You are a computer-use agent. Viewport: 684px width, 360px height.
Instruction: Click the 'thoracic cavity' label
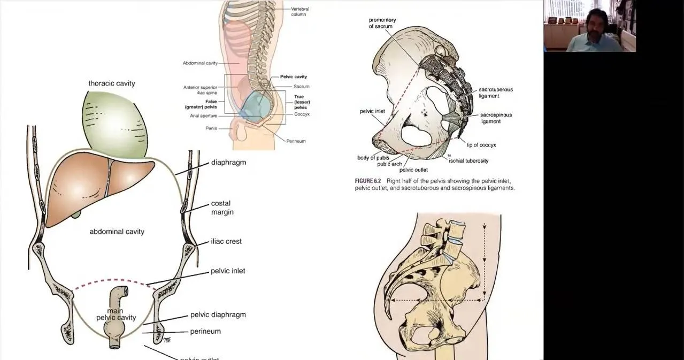click(x=112, y=83)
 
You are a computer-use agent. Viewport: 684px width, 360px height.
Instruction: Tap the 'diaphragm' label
click(x=228, y=162)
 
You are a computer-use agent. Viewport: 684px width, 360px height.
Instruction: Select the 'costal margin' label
click(x=222, y=208)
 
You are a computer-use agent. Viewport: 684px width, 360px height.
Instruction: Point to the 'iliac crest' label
click(x=226, y=241)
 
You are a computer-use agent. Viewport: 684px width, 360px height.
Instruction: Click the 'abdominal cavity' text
click(x=117, y=232)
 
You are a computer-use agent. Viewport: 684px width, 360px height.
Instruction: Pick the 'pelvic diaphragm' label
click(x=218, y=315)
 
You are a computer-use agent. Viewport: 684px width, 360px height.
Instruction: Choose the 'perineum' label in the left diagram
click(x=205, y=331)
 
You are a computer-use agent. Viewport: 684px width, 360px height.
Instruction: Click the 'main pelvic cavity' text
click(x=116, y=314)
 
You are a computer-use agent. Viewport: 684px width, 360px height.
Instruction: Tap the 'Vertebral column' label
click(x=300, y=11)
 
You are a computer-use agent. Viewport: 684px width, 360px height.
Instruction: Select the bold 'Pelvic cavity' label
click(x=294, y=76)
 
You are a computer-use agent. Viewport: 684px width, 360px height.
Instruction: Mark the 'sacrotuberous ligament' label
click(x=496, y=93)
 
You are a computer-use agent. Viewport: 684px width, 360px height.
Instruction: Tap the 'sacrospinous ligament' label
click(x=496, y=118)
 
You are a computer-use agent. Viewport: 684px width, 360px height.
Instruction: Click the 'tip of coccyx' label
click(x=481, y=145)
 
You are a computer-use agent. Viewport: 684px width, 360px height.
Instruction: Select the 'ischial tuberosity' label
click(x=468, y=160)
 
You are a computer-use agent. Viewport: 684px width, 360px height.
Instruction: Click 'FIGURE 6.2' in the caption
click(x=368, y=181)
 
